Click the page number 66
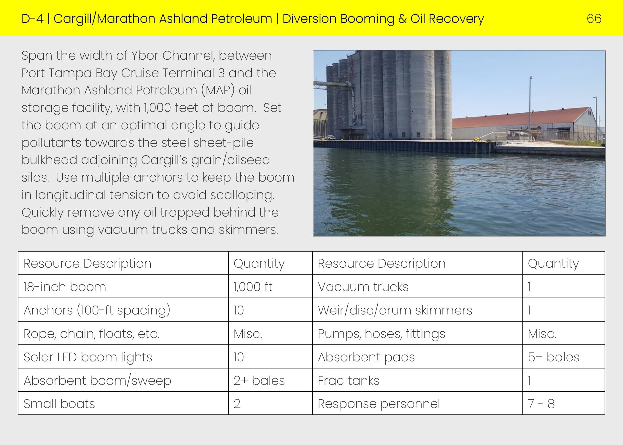594,19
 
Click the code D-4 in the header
32,19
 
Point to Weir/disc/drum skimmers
395,310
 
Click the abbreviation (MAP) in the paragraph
218,90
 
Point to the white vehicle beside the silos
331,137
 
